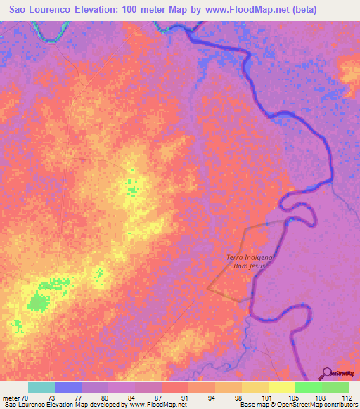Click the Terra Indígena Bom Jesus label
pos(249,262)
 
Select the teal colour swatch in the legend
pos(41,387)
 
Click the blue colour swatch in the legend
pos(68,387)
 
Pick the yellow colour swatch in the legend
pos(281,387)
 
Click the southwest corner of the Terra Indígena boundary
pos(207,287)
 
